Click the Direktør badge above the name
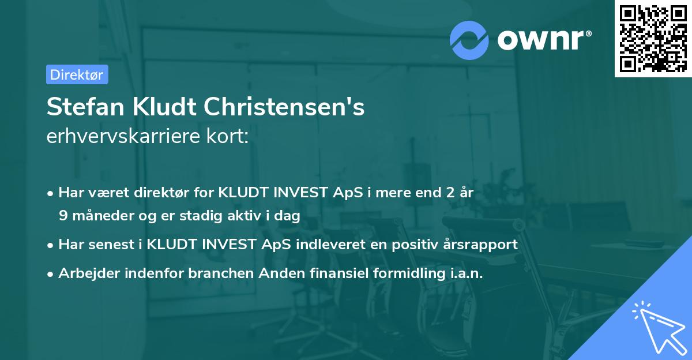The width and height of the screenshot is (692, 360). [x=77, y=74]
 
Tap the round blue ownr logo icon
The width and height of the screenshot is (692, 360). [x=469, y=40]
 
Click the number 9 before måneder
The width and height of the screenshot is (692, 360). [x=63, y=215]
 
